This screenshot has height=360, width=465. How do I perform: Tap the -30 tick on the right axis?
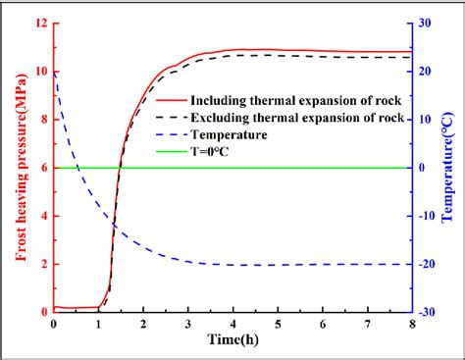click(429, 312)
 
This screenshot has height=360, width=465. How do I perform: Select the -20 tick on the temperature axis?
click(429, 264)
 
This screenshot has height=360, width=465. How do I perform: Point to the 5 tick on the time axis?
click(278, 325)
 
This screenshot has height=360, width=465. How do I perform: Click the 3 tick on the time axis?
click(187, 325)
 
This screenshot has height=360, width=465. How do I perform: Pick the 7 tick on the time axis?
click(367, 325)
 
